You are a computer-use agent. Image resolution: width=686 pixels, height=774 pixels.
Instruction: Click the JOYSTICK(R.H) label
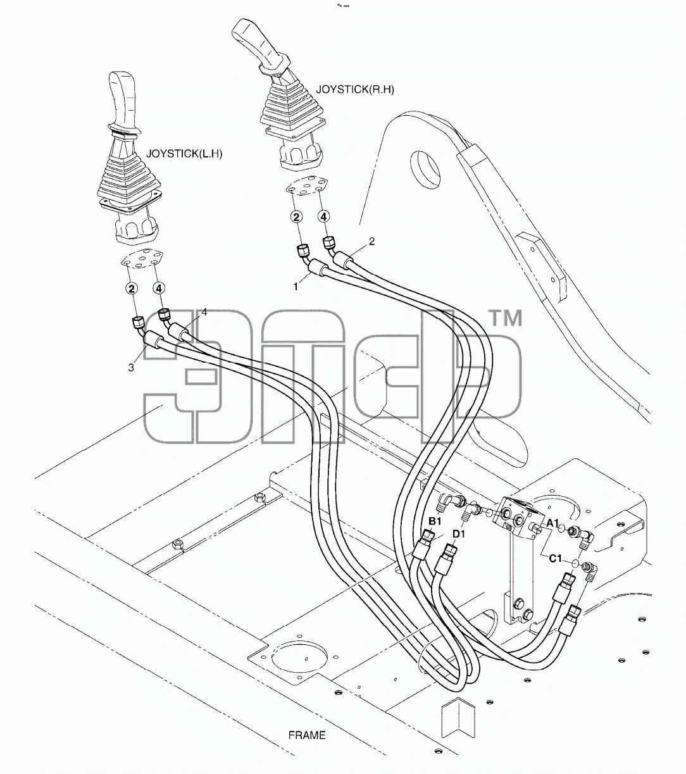(355, 89)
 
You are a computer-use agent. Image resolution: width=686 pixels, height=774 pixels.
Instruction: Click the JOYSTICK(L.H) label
(184, 154)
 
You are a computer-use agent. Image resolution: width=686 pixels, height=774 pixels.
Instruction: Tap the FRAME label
(307, 735)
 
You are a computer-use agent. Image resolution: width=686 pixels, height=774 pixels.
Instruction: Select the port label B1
(435, 521)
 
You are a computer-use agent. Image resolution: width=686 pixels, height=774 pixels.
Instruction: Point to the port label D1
(459, 535)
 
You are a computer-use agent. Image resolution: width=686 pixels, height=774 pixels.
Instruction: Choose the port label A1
(552, 523)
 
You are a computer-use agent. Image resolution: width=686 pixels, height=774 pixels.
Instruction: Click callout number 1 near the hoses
(296, 287)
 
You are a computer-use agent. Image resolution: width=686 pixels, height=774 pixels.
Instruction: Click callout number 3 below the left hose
(131, 368)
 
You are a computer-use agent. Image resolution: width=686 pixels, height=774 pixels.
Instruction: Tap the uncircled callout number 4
(204, 312)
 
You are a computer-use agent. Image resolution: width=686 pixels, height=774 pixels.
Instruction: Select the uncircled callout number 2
(371, 241)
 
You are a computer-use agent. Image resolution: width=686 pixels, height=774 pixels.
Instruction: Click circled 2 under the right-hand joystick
(296, 217)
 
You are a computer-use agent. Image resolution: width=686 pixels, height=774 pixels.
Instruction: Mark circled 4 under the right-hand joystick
(323, 217)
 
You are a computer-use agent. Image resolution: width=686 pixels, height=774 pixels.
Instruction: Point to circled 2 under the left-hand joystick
(132, 289)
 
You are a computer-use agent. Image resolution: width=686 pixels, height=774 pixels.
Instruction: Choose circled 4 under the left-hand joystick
(159, 289)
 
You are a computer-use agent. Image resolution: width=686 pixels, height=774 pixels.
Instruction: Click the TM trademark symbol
(506, 318)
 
